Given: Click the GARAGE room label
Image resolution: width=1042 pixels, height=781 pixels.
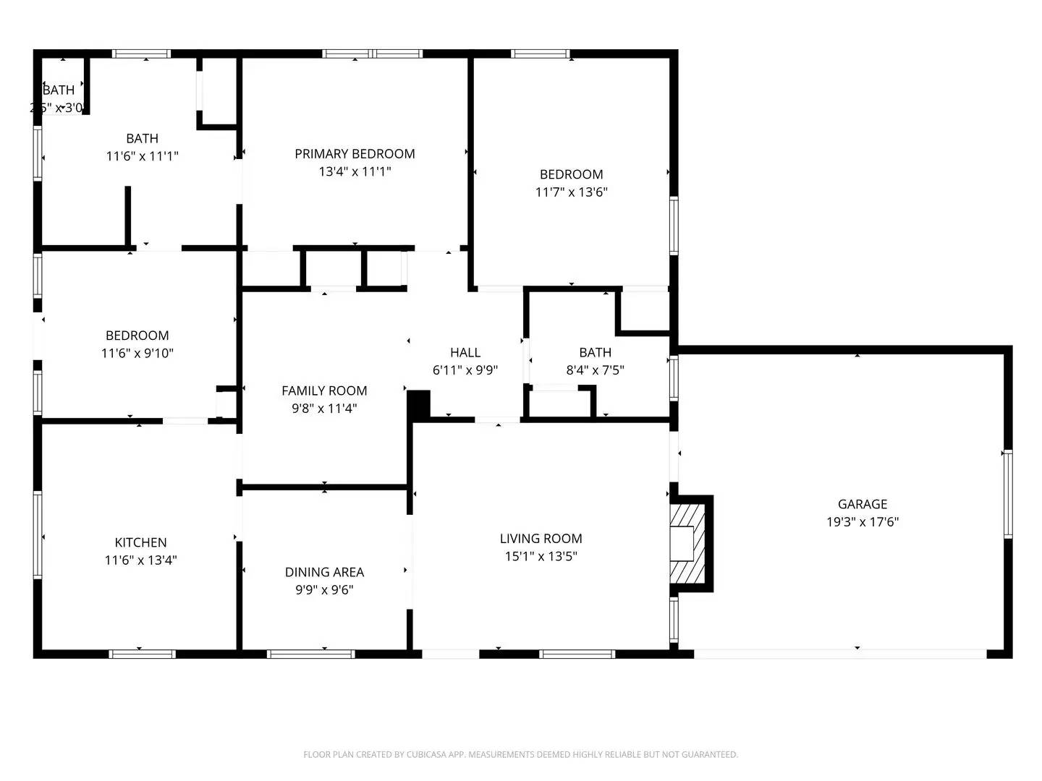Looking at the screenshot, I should (862, 504).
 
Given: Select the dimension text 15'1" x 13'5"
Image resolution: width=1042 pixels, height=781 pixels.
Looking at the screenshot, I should (541, 556).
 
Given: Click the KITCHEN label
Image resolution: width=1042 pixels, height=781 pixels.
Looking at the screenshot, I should (140, 542).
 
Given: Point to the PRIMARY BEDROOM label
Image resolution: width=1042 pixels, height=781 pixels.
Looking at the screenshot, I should (355, 153).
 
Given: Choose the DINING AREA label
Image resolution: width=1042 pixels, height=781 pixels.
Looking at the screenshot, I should (324, 572).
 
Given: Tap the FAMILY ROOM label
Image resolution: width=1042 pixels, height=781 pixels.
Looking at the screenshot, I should (324, 390).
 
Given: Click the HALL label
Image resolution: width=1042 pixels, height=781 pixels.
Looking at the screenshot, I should (465, 352).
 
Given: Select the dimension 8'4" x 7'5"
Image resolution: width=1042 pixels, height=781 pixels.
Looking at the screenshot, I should (595, 370).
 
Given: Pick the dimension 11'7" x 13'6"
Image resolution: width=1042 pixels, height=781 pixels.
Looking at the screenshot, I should (571, 192).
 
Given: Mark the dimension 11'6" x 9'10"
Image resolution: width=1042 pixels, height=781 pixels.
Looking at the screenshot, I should (137, 354).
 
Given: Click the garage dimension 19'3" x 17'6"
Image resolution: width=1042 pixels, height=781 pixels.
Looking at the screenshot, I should (862, 522).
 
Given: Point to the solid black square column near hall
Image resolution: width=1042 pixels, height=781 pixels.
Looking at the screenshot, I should (419, 403).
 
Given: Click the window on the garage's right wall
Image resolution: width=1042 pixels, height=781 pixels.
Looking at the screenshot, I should (1007, 494).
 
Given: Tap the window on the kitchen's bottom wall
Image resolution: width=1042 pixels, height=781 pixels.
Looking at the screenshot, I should (142, 654).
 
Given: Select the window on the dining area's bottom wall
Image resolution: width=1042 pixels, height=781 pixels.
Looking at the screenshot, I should (310, 654).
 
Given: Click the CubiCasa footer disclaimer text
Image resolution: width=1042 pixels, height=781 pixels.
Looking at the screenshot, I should (520, 754).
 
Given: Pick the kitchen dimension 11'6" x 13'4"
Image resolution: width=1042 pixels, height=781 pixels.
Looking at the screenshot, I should (140, 560).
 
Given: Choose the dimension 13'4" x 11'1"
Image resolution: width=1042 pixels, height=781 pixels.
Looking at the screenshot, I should (355, 171).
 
